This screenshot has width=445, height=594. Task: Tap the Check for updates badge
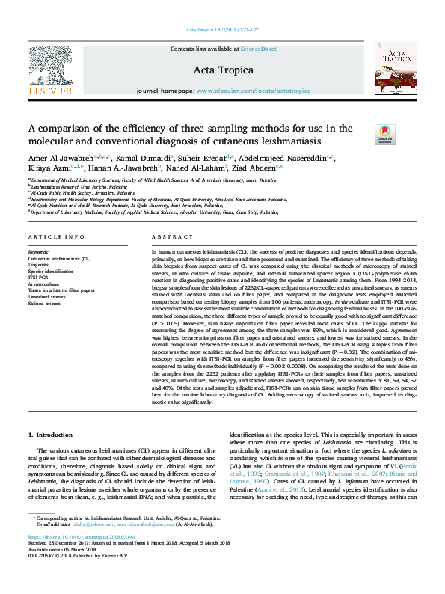[x=384, y=134]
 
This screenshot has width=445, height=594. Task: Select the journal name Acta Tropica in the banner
[x=223, y=70]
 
